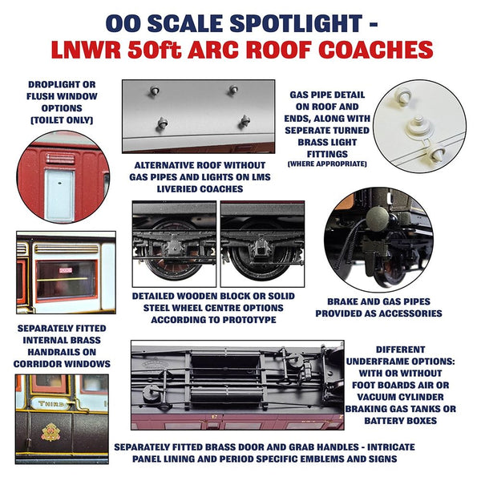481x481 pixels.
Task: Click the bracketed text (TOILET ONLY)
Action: click(61, 119)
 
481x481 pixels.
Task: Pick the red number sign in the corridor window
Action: click(63, 272)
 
